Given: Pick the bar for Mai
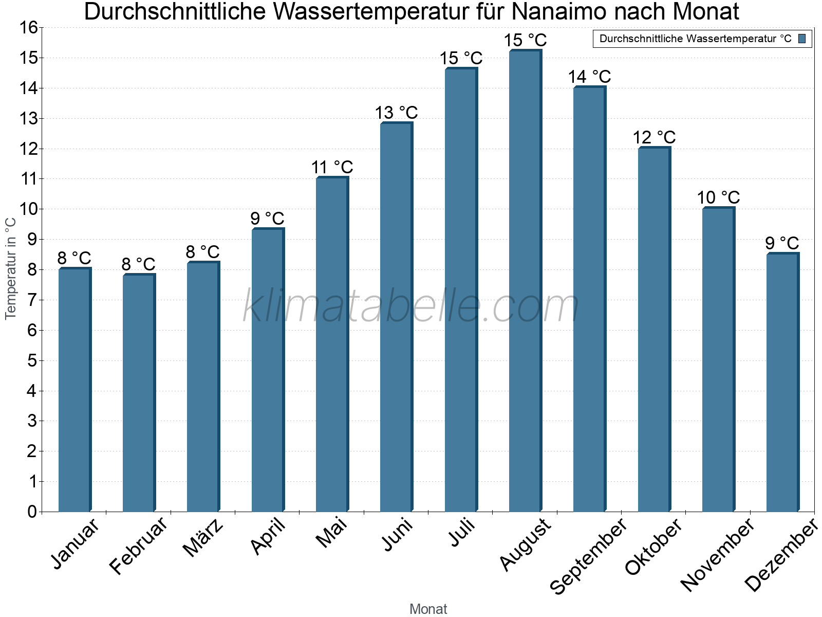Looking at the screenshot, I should [332, 344].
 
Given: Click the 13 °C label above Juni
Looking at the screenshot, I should [396, 113].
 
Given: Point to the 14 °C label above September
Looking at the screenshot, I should [589, 77].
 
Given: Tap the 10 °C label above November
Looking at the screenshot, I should [718, 197].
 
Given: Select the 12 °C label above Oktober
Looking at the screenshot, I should [654, 138].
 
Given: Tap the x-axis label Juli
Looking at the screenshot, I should [462, 533].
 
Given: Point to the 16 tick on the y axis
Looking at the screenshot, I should [29, 28].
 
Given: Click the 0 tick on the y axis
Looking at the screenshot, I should [32, 512].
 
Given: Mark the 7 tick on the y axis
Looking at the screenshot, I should [32, 300].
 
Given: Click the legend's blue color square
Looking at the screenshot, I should [802, 39].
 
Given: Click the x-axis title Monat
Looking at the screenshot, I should [428, 609].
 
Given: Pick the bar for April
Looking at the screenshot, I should [268, 370].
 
